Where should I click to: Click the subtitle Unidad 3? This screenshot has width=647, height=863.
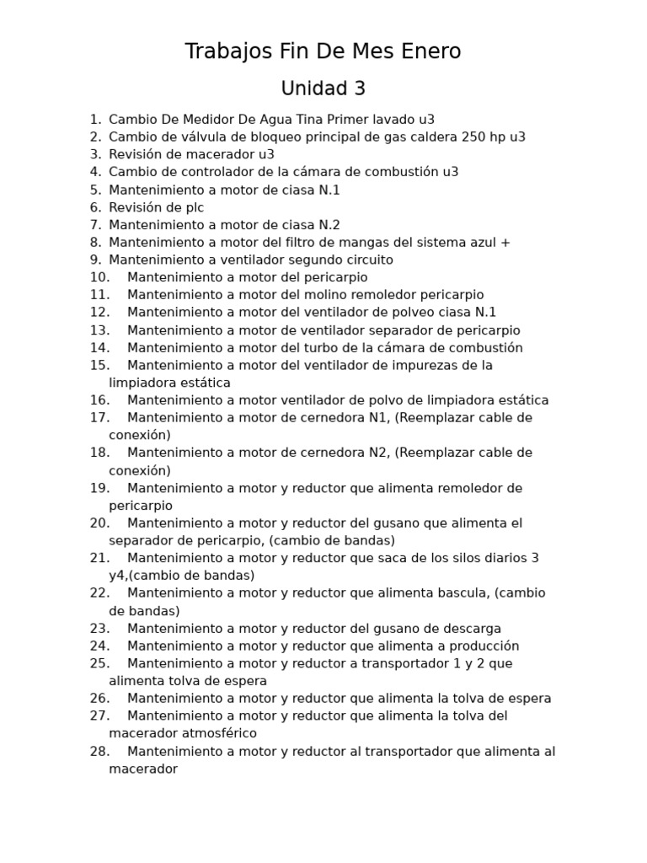tap(323, 88)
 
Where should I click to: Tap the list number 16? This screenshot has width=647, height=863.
tap(99, 400)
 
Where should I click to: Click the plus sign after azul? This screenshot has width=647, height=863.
tap(505, 243)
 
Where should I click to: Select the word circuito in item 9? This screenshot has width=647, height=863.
tap(365, 260)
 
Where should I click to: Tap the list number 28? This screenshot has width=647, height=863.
tap(99, 751)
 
